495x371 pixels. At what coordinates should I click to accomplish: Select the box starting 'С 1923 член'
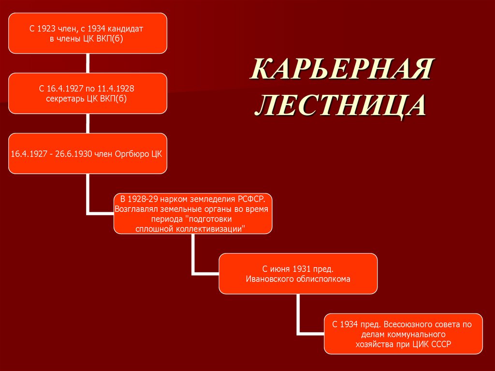coord(87,34)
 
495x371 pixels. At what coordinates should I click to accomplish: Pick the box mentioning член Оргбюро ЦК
coord(87,154)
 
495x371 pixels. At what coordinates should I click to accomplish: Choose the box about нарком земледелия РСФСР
coord(193,213)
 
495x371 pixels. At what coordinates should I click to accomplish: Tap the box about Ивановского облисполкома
coord(298,273)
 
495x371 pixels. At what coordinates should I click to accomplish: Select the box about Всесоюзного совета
coord(403,334)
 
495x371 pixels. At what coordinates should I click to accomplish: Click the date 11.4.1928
coord(117,89)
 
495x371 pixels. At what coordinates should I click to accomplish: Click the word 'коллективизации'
coord(213,228)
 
